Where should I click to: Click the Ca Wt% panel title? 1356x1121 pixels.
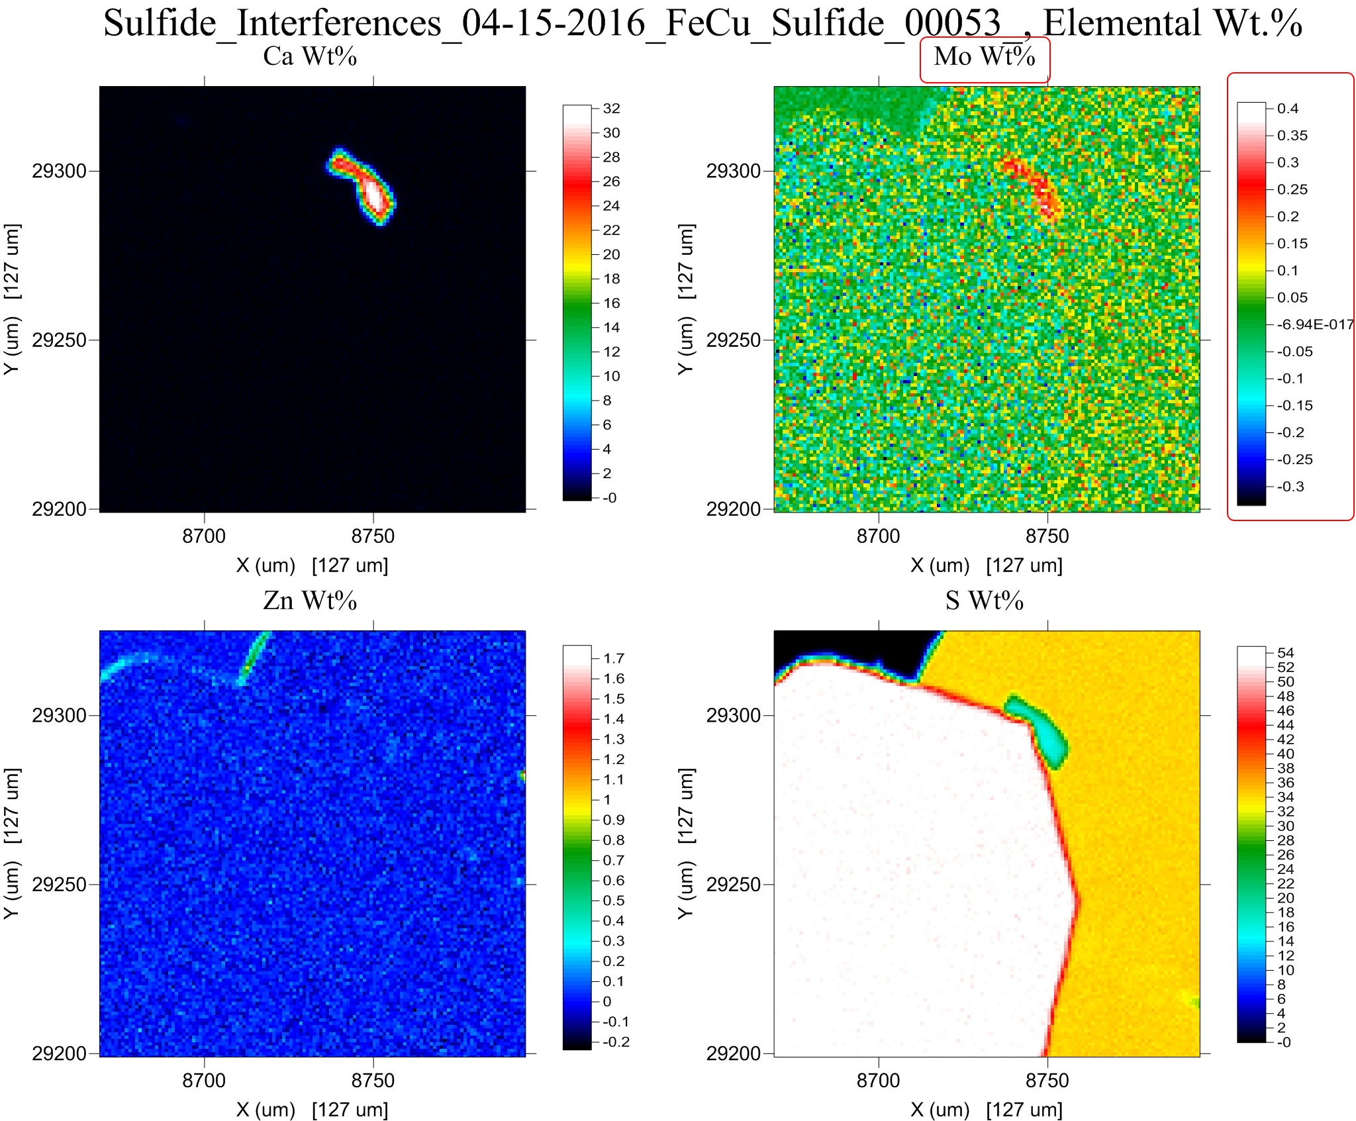pyautogui.click(x=310, y=57)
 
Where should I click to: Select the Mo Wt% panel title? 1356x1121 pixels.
pyautogui.click(x=984, y=57)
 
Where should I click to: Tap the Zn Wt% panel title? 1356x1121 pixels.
pyautogui.click(x=310, y=601)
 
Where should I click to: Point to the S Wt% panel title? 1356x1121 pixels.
pyautogui.click(x=984, y=601)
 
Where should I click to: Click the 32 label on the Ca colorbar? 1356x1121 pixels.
pyautogui.click(x=611, y=109)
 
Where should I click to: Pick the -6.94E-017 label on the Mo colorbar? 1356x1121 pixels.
pyautogui.click(x=1315, y=324)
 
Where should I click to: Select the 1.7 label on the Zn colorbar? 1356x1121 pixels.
pyautogui.click(x=614, y=658)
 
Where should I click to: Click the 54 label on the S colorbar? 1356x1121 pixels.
pyautogui.click(x=1285, y=653)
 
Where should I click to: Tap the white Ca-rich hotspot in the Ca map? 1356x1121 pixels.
pyautogui.click(x=375, y=195)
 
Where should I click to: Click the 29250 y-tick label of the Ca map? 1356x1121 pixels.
pyautogui.click(x=60, y=340)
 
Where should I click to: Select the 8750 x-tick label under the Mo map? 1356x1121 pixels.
pyautogui.click(x=1047, y=536)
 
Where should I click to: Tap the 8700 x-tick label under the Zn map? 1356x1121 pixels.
pyautogui.click(x=204, y=1081)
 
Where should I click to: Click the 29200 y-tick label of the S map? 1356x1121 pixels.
pyautogui.click(x=734, y=1053)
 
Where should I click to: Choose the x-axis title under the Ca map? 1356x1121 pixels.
pyautogui.click(x=312, y=565)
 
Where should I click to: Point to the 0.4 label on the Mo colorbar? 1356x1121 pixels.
pyautogui.click(x=1287, y=109)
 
